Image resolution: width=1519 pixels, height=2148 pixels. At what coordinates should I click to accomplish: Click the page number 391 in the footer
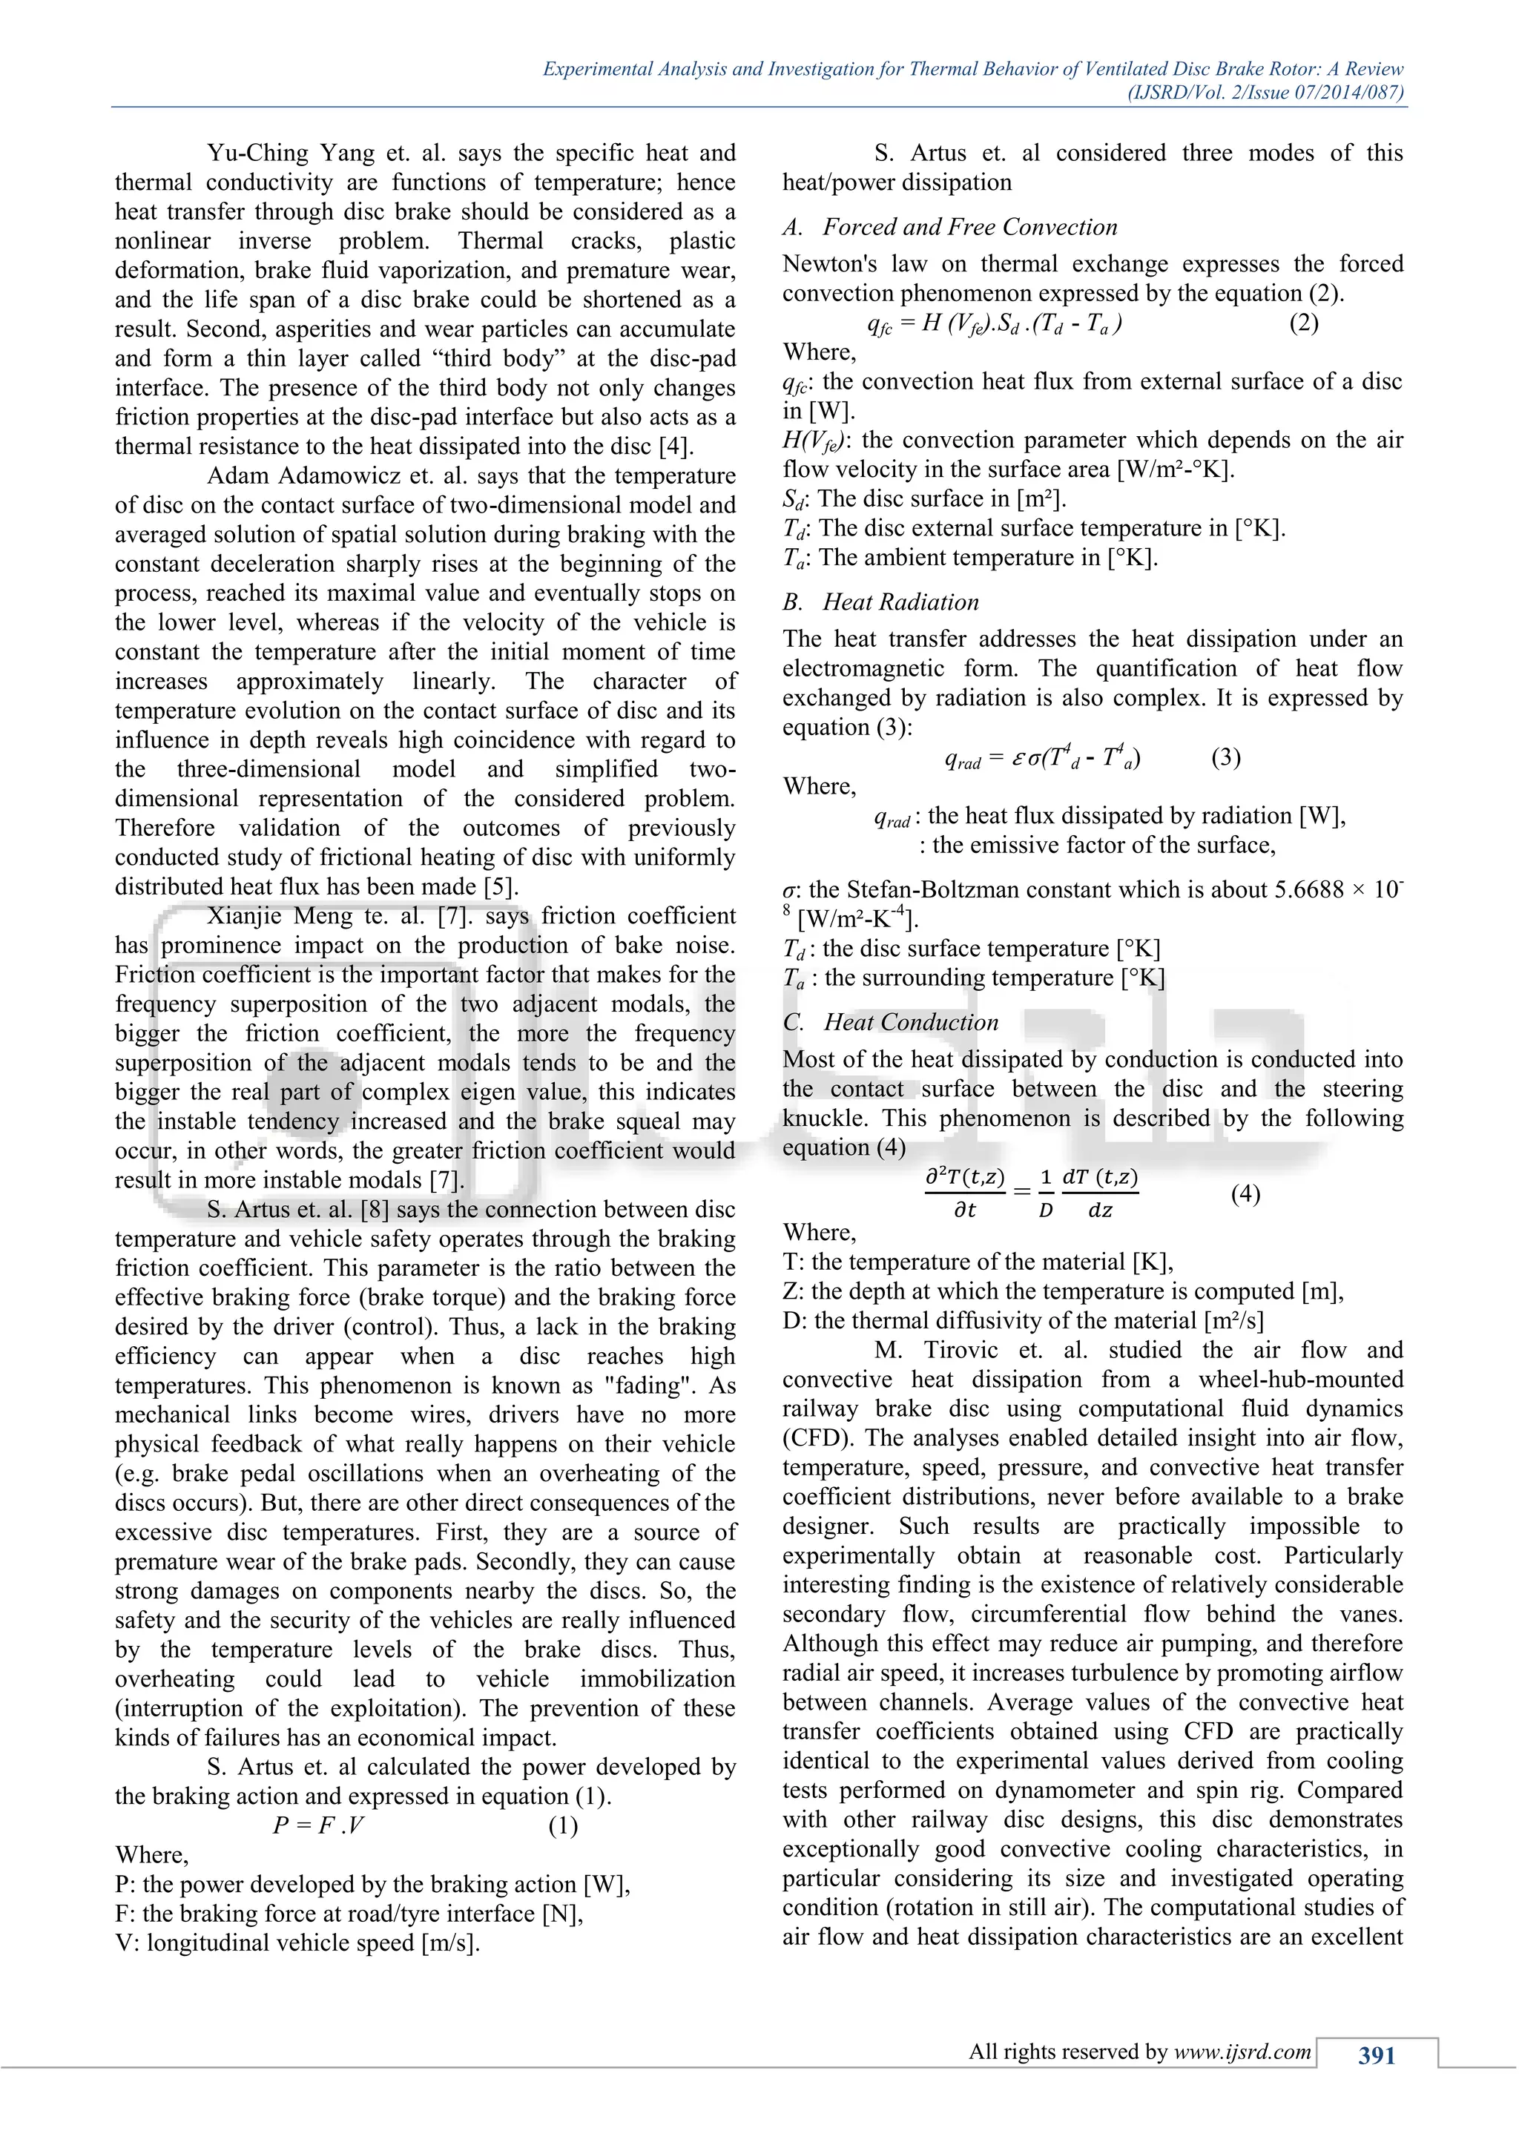point(1376,2055)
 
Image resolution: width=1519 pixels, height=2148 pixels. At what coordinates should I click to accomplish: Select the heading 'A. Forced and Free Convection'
point(950,228)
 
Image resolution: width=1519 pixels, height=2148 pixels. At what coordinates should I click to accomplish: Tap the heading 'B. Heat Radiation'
point(881,602)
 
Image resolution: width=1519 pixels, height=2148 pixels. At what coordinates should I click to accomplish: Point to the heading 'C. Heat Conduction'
point(891,1023)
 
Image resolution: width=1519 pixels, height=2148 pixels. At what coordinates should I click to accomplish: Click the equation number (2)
point(1303,323)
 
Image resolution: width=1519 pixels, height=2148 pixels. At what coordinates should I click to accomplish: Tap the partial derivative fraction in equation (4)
point(964,1193)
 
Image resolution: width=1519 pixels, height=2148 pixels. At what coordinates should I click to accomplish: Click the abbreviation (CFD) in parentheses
point(813,1438)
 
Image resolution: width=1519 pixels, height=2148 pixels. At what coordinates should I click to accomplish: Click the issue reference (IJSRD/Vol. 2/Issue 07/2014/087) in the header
point(1265,93)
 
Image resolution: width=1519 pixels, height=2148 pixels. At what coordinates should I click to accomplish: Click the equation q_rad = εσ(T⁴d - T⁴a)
point(1042,758)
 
